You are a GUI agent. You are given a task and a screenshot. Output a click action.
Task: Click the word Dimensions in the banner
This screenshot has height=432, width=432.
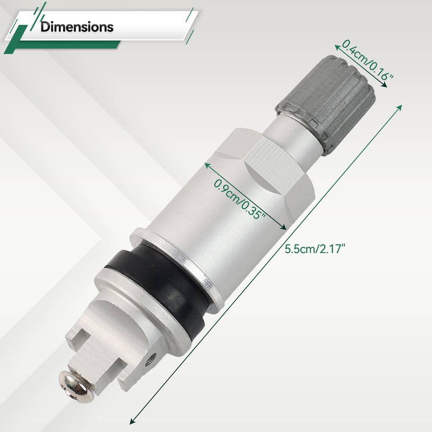(x=77, y=27)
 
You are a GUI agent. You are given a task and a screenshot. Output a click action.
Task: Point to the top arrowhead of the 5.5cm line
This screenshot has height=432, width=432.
(x=400, y=106)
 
